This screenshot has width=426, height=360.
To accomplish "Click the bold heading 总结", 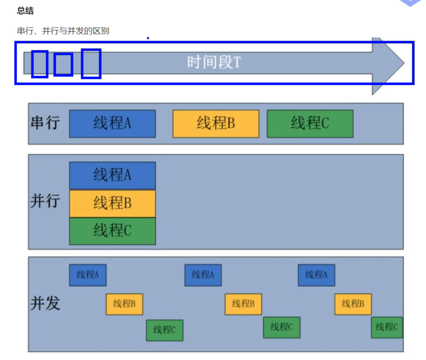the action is tap(25, 11).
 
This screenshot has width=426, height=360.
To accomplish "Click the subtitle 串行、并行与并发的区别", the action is tap(63, 31).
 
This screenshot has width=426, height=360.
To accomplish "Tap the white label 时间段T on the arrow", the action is tap(214, 62).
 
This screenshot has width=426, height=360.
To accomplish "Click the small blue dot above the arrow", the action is tap(148, 38).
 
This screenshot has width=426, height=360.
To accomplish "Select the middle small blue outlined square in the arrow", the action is tap(63, 65).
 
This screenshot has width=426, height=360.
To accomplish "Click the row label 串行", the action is tap(45, 123).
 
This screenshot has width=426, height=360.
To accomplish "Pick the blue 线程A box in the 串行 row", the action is tap(113, 124).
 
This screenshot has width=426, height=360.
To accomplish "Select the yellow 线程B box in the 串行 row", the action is tap(216, 124).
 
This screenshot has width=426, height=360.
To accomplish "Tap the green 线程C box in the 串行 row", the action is tap(310, 124).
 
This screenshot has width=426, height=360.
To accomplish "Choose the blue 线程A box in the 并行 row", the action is tap(113, 175).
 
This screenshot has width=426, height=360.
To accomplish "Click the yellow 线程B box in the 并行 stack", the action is tap(113, 204).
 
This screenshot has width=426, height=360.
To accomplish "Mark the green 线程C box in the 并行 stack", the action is tap(113, 231).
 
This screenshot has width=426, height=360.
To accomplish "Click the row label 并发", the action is tap(45, 303).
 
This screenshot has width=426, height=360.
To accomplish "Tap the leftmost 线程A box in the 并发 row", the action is tap(88, 275).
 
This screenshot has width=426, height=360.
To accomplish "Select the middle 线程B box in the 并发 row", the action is tap(243, 304).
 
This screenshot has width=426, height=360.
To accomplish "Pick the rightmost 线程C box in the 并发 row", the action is tap(387, 328).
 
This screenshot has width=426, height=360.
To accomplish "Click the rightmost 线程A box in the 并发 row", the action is tap(317, 275).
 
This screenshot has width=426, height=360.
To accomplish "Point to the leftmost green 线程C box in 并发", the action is tap(165, 330).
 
